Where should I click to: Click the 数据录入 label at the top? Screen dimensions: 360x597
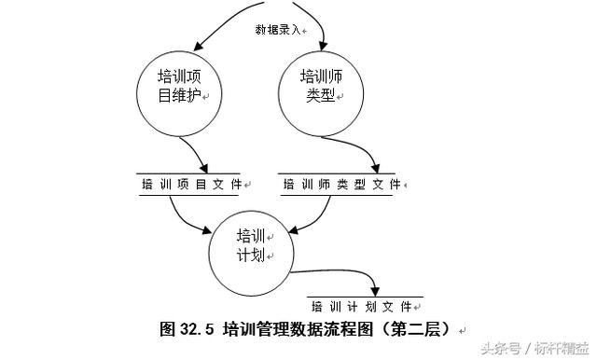(279, 30)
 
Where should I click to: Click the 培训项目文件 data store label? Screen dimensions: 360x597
(191, 185)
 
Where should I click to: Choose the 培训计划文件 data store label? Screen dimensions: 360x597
(361, 306)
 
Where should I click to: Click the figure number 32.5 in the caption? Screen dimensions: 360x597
(197, 329)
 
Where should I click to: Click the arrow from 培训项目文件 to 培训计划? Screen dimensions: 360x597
(187, 216)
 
